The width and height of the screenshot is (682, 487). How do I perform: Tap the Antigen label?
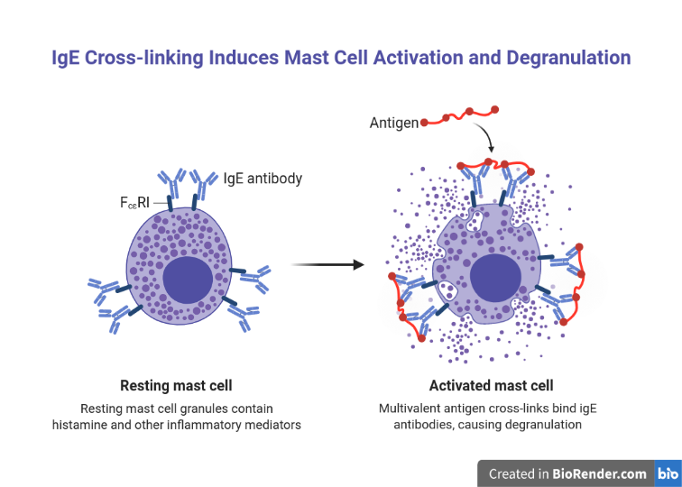[x=394, y=123]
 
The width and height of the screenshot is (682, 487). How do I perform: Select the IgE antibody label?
[x=263, y=179]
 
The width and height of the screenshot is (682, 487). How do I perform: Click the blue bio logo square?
[x=668, y=473]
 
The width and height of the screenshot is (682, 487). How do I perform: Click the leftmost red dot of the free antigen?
[x=424, y=121]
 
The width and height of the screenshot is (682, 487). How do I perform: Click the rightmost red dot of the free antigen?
[x=495, y=110]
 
